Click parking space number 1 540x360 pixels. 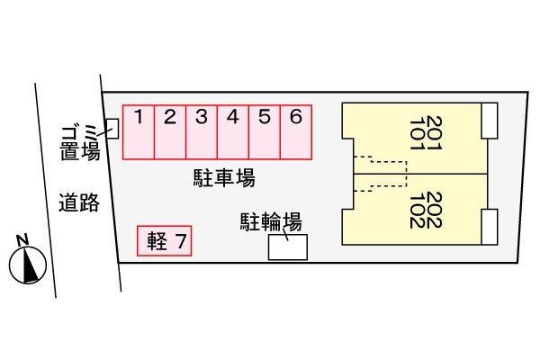(139, 132)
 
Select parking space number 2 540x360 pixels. (170, 132)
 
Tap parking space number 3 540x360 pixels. (202, 132)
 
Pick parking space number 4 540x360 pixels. (233, 132)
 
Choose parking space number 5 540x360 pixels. (265, 132)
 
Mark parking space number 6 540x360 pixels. (296, 132)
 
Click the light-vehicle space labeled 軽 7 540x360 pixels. (165, 241)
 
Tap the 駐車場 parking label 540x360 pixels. (224, 178)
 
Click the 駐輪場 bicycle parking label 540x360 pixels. (271, 221)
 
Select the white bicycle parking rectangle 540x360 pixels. (288, 247)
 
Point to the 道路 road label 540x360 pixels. (79, 202)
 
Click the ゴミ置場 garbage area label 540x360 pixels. (80, 142)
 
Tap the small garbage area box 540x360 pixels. (112, 129)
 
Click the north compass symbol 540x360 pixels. (28, 265)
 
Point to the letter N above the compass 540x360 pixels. (22, 240)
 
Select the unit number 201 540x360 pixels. (434, 133)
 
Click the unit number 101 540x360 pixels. (418, 133)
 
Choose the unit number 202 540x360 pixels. (434, 210)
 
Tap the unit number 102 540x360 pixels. (418, 210)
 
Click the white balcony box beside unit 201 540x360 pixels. (490, 121)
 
